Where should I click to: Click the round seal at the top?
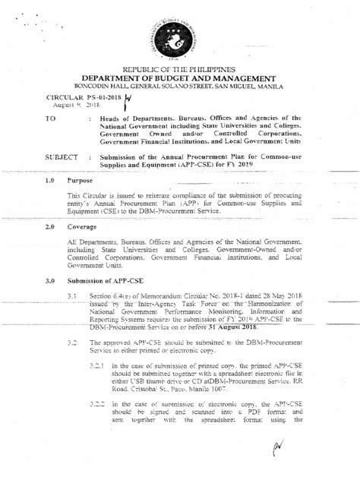(178, 36)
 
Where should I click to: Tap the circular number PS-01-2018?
(77, 99)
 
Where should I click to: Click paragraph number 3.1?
(73, 294)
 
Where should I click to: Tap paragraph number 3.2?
(73, 344)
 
